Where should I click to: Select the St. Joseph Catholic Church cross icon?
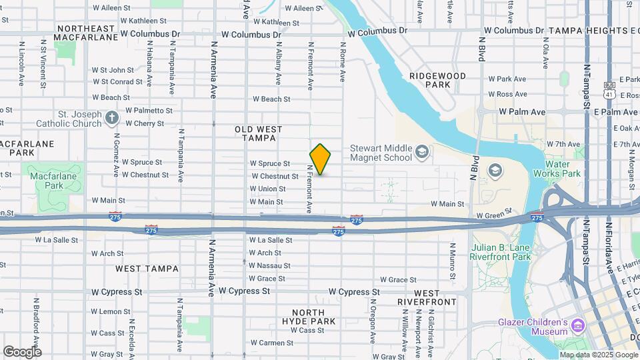click(x=111, y=119)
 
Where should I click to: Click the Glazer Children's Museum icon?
click(x=578, y=327)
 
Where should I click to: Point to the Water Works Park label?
click(x=563, y=169)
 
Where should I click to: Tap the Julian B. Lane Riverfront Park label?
click(x=501, y=251)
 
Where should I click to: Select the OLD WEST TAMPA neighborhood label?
click(x=259, y=133)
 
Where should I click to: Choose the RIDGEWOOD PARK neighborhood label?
click(x=438, y=81)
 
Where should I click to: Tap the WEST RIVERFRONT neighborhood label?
click(x=427, y=297)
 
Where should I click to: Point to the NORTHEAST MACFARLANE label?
click(x=87, y=33)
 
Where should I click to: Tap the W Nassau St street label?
click(x=269, y=265)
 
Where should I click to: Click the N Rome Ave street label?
click(x=342, y=63)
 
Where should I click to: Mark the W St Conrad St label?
click(x=117, y=82)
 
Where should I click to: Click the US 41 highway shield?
click(x=609, y=91)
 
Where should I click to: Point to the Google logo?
click(x=22, y=351)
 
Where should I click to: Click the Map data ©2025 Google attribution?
click(x=598, y=354)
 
